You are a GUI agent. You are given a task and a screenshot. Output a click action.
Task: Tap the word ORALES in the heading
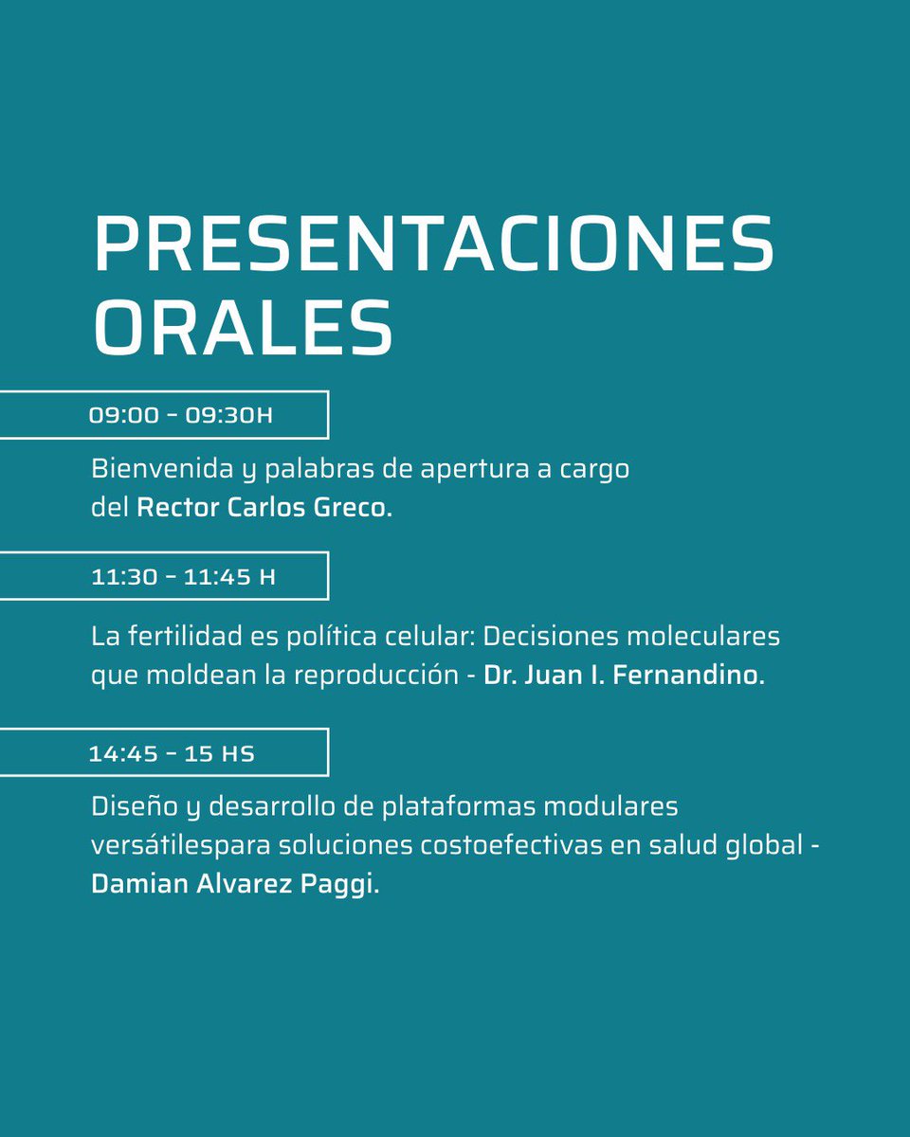pos(243,328)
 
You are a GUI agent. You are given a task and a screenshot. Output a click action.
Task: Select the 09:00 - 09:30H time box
pos(163,415)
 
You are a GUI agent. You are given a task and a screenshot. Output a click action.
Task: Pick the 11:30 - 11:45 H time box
pos(163,576)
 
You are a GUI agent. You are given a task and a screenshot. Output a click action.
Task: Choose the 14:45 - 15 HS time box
pos(163,753)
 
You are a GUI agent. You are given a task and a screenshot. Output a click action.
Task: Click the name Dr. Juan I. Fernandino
pos(624,677)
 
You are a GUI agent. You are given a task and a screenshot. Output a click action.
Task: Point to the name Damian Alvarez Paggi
pos(228,884)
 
